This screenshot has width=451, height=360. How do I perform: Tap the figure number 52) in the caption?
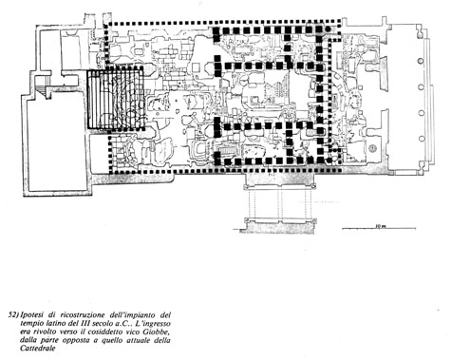click(13, 315)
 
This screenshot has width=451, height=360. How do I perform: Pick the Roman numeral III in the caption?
click(85, 324)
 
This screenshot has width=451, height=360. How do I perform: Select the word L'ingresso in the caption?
click(155, 324)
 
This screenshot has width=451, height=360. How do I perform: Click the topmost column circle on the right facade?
click(422, 61)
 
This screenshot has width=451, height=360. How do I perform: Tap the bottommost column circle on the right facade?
click(422, 139)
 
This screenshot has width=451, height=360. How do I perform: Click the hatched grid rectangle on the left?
click(116, 100)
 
